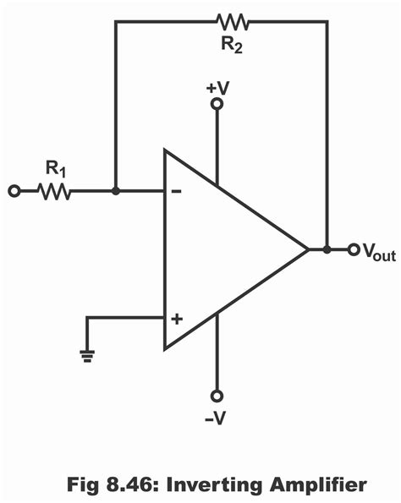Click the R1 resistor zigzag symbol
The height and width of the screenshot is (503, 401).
click(54, 192)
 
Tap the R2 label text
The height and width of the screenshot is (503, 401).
click(231, 45)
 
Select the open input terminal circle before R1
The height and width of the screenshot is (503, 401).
click(14, 192)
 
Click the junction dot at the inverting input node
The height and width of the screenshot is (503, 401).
click(116, 192)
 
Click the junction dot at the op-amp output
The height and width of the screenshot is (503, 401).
click(327, 249)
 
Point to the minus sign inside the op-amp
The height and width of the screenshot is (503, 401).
click(176, 192)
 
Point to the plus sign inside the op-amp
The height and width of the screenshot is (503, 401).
click(176, 319)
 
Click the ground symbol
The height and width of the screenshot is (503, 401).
click(87, 356)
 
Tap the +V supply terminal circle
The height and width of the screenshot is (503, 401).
click(217, 104)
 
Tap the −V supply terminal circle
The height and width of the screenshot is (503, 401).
click(217, 396)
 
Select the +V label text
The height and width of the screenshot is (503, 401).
click(217, 86)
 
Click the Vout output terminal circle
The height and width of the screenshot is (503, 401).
click(354, 249)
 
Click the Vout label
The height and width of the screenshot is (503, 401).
click(378, 252)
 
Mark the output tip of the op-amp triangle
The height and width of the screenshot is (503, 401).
click(307, 249)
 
